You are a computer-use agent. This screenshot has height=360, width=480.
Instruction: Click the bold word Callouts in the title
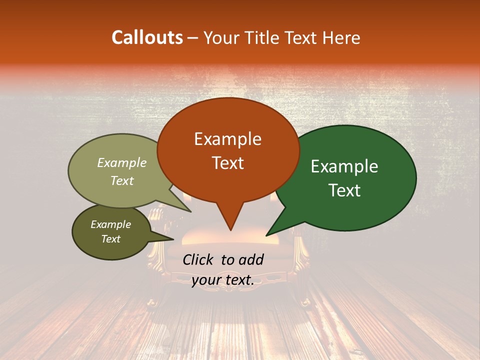147,37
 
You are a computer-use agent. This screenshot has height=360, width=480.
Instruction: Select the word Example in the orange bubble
227,139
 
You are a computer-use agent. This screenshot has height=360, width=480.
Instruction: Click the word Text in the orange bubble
227,163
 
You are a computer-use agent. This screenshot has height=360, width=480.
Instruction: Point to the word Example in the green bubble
344,166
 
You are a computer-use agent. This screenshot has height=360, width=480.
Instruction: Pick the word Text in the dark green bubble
344,190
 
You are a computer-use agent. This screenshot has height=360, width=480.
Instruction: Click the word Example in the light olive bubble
121,162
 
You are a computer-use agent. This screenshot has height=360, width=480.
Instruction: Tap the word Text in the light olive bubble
121,180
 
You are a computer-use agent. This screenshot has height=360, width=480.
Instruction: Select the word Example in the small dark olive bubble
110,224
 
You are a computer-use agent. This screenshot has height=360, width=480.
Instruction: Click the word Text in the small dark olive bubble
110,239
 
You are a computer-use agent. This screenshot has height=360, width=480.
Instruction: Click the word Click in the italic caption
198,259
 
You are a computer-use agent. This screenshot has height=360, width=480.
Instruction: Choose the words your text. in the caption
222,280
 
